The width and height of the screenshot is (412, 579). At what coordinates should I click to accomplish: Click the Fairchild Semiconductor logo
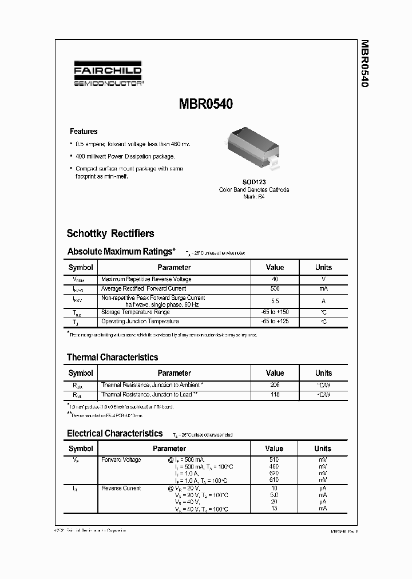108,75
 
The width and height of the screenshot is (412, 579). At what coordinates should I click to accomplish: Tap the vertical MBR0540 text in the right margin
364,64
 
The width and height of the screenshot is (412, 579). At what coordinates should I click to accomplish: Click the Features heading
84,131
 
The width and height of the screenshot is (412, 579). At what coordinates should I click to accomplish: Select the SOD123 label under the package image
253,182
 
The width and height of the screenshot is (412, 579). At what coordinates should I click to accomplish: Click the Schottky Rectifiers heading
110,233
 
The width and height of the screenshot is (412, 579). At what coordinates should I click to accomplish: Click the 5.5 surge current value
275,301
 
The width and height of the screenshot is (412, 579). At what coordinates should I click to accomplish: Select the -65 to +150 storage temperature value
275,312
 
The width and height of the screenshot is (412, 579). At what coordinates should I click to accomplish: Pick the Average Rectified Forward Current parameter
143,289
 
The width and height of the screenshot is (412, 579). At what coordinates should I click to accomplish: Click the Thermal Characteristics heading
112,357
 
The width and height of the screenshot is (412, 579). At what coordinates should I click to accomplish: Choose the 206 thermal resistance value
275,385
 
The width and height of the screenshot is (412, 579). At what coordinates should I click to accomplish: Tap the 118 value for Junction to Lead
275,395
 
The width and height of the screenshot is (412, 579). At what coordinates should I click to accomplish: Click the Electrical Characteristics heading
114,433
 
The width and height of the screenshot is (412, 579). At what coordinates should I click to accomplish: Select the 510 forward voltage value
274,460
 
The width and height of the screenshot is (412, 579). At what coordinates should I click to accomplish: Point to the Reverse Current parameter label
121,488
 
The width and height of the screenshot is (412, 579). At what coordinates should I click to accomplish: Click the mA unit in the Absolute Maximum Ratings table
323,289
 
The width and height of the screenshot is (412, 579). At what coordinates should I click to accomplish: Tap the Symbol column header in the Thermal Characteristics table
81,373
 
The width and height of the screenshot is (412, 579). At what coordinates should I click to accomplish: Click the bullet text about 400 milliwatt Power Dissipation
125,156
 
